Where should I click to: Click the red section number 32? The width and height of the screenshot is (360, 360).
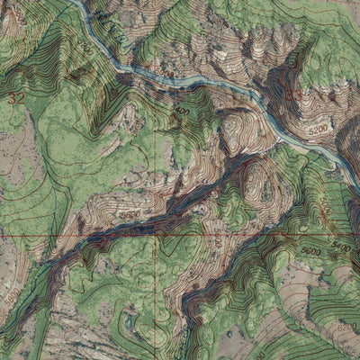15,95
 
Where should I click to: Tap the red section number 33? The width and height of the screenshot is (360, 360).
293,93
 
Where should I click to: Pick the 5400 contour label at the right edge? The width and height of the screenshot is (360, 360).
339,245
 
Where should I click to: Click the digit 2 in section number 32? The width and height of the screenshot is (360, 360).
19,95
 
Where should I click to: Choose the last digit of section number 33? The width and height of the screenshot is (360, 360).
298,93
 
